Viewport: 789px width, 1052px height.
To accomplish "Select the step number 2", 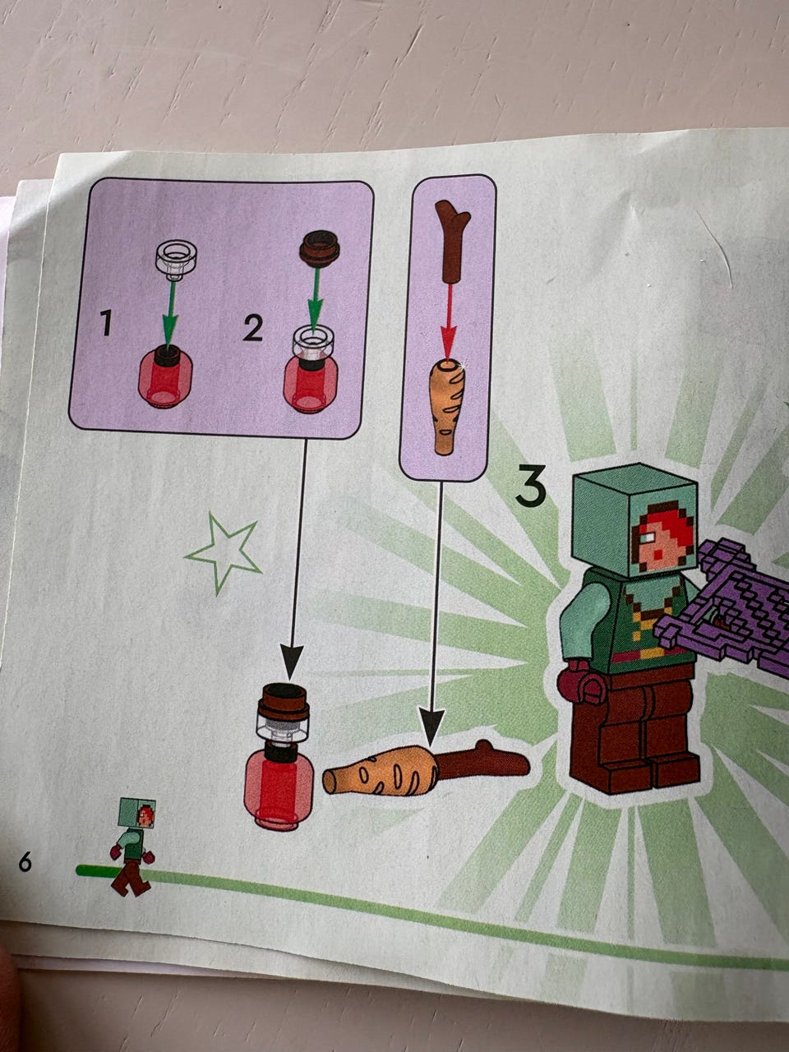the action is point(252,329).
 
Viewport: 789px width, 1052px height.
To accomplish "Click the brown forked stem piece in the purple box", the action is point(452,242).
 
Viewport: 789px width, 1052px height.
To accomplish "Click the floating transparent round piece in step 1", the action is point(176,261).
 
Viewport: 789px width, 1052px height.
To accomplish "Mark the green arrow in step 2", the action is point(316,301).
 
